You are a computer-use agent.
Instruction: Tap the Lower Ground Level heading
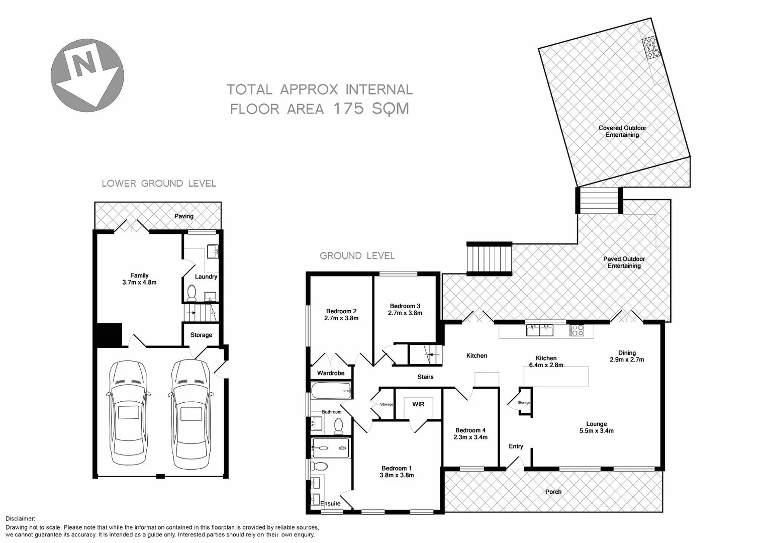[159, 184]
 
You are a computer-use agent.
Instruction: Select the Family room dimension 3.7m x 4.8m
[139, 283]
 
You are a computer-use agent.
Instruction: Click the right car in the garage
[191, 413]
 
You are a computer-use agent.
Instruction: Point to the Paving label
[183, 216]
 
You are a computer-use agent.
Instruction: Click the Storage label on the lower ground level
[201, 335]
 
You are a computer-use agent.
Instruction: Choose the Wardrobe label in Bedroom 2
[331, 373]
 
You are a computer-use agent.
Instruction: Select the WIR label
[418, 404]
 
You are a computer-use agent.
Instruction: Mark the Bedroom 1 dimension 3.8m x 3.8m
[397, 475]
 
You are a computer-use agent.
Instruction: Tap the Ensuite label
[330, 503]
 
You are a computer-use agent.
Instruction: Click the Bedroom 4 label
[470, 430]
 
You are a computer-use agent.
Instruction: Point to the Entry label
[516, 446]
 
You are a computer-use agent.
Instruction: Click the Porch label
[553, 492]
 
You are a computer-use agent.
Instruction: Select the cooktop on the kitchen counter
[577, 330]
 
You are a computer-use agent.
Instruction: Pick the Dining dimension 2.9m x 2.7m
[627, 359]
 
